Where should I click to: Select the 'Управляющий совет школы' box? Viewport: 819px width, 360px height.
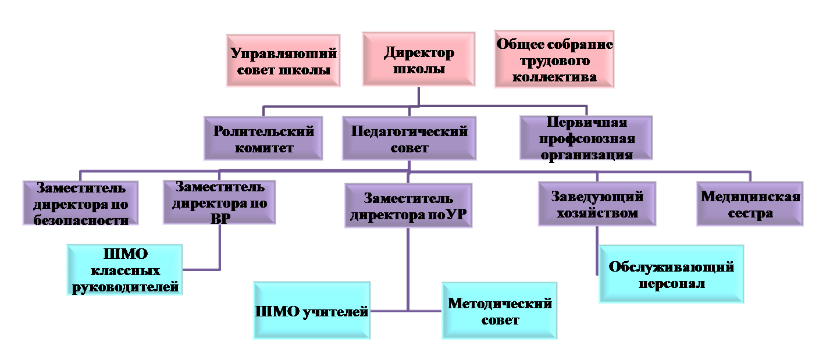[x=283, y=60]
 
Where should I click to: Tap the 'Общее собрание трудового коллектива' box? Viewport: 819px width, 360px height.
[x=554, y=60]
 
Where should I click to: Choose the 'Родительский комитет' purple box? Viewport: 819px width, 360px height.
[x=263, y=138]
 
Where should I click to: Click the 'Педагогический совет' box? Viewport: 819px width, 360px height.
[x=409, y=138]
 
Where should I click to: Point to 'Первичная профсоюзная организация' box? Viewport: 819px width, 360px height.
[x=586, y=138]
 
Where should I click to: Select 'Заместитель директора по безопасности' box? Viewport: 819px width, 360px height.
[x=80, y=203]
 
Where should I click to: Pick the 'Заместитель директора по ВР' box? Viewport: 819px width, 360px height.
[x=219, y=202]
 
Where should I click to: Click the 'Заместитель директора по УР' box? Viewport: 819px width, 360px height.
[x=408, y=206]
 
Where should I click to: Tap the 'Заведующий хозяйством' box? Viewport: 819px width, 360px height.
[x=597, y=204]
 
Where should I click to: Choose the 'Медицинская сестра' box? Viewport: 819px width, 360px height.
[x=750, y=204]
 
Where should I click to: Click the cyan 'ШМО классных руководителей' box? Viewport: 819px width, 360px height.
[x=124, y=270]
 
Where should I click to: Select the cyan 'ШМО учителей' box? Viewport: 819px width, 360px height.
[x=312, y=311]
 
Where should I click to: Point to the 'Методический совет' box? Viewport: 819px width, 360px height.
[x=499, y=311]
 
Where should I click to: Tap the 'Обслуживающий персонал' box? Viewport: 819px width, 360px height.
[x=671, y=274]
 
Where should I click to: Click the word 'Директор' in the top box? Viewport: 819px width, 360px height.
[x=419, y=53]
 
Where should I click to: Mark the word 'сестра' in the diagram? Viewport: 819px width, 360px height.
[x=750, y=213]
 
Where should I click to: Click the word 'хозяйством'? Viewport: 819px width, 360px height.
[x=597, y=213]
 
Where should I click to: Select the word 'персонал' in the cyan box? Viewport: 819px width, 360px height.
[x=671, y=284]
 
